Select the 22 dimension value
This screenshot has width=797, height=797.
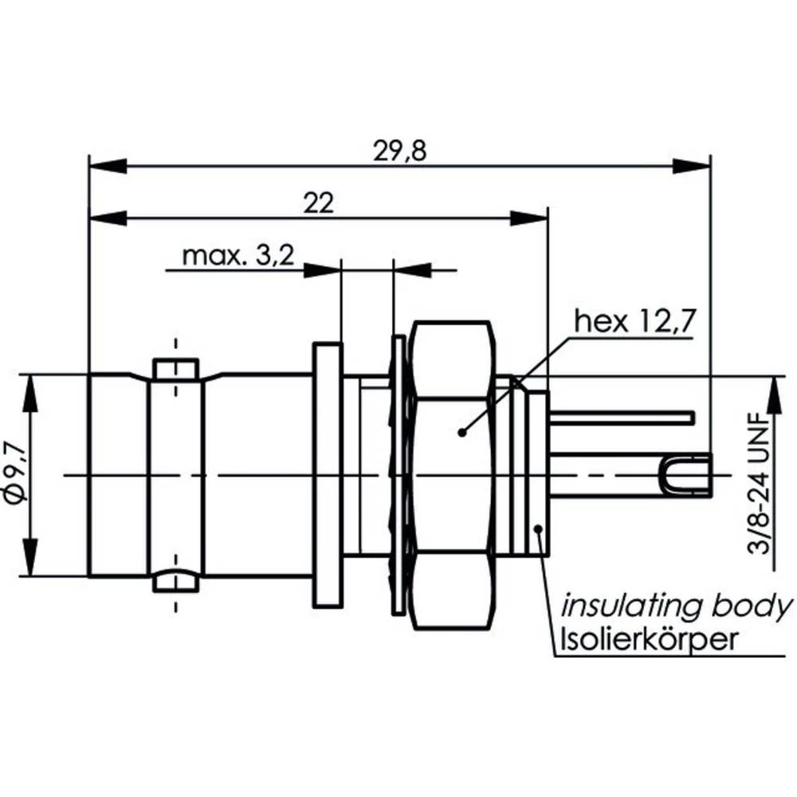click(x=318, y=202)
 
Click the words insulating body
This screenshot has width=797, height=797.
click(x=677, y=607)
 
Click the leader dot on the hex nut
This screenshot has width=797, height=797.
click(x=461, y=433)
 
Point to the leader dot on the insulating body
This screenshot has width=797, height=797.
click(x=540, y=528)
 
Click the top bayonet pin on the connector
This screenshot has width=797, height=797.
click(x=175, y=368)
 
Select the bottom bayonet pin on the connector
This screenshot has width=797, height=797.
click(x=175, y=581)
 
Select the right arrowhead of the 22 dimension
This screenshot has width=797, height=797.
click(x=528, y=218)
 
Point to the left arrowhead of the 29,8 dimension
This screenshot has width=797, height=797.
click(x=108, y=166)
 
